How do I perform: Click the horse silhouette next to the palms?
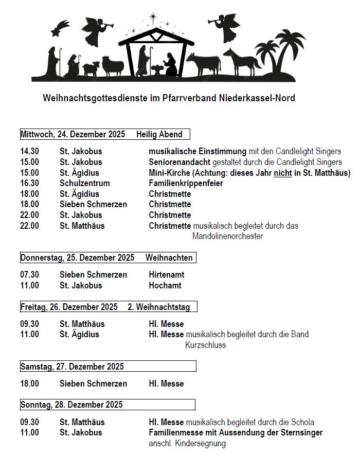coord(242,62)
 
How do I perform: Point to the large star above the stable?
coord(153,17)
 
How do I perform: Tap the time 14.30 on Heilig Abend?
coord(29,152)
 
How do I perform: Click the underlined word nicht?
coord(283,173)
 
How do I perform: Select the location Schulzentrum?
coord(84,184)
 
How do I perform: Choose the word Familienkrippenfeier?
coord(186,184)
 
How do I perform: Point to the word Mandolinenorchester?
coord(227,236)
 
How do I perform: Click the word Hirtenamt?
coord(166,275)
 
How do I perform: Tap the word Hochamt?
coord(165,285)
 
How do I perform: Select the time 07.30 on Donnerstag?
coord(29,275)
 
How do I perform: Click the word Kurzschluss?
coord(205,345)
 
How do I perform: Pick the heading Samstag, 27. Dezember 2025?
coord(72,367)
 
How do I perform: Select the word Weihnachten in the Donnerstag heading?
coord(169,258)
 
